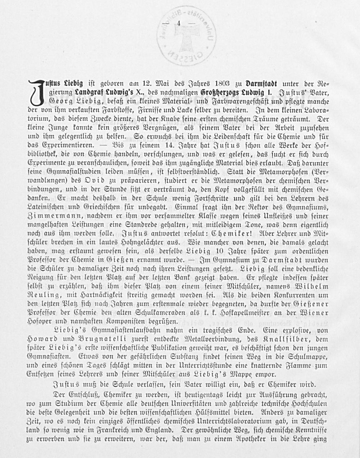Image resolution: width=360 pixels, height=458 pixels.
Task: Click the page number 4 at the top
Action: (x=179, y=24)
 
